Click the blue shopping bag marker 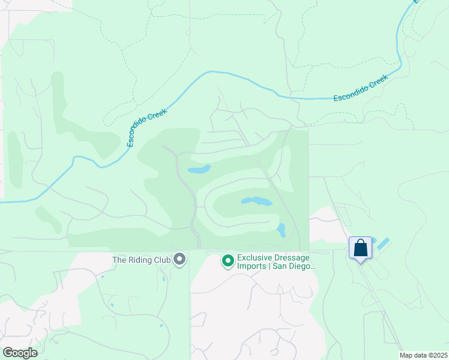[x=360, y=248]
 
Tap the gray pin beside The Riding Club [x=179, y=259]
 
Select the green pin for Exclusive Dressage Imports [x=228, y=260]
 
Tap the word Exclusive [x=255, y=257]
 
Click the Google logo [x=20, y=353]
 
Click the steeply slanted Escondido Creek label [x=147, y=127]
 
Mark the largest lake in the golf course [x=256, y=200]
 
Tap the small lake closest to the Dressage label [x=281, y=230]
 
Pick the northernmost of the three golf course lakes [x=199, y=170]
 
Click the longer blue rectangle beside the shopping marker [x=382, y=244]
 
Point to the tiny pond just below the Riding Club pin [x=163, y=278]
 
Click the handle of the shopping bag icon [x=360, y=242]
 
